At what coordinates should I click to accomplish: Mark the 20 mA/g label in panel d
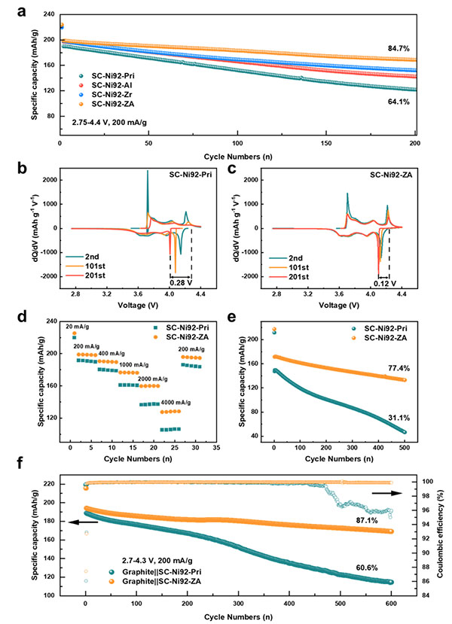77,327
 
